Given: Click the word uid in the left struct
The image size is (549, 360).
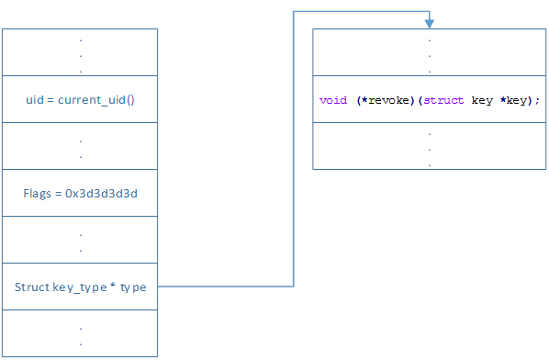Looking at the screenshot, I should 33,99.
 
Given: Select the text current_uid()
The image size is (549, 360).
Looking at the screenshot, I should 96,99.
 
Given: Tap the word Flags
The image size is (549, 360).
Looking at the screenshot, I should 38,194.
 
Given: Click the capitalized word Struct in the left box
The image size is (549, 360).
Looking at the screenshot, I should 32,287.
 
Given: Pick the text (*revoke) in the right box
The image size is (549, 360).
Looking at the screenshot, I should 386,100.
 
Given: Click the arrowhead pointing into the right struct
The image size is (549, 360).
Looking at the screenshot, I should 429,23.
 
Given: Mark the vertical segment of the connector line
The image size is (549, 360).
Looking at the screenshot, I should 293,147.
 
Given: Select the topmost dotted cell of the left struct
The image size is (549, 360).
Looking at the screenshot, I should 80,52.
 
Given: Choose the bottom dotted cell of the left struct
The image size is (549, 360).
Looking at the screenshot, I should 80,333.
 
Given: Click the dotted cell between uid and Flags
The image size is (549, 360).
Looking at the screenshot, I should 80,146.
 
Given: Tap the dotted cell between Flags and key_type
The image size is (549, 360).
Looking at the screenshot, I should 80,240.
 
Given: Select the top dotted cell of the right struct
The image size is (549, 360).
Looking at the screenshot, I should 429,52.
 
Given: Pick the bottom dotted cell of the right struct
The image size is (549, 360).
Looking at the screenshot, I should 429,146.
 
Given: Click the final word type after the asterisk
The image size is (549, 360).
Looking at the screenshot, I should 133,287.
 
